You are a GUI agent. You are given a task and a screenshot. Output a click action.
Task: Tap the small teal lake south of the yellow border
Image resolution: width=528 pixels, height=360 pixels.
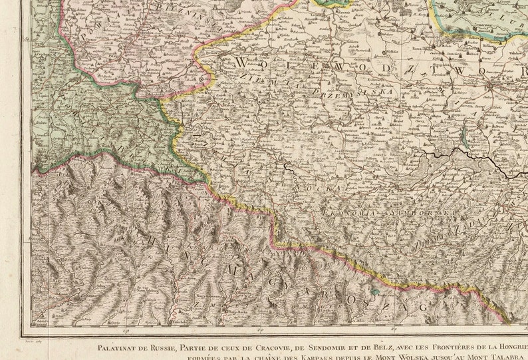click(x=376, y=291)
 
